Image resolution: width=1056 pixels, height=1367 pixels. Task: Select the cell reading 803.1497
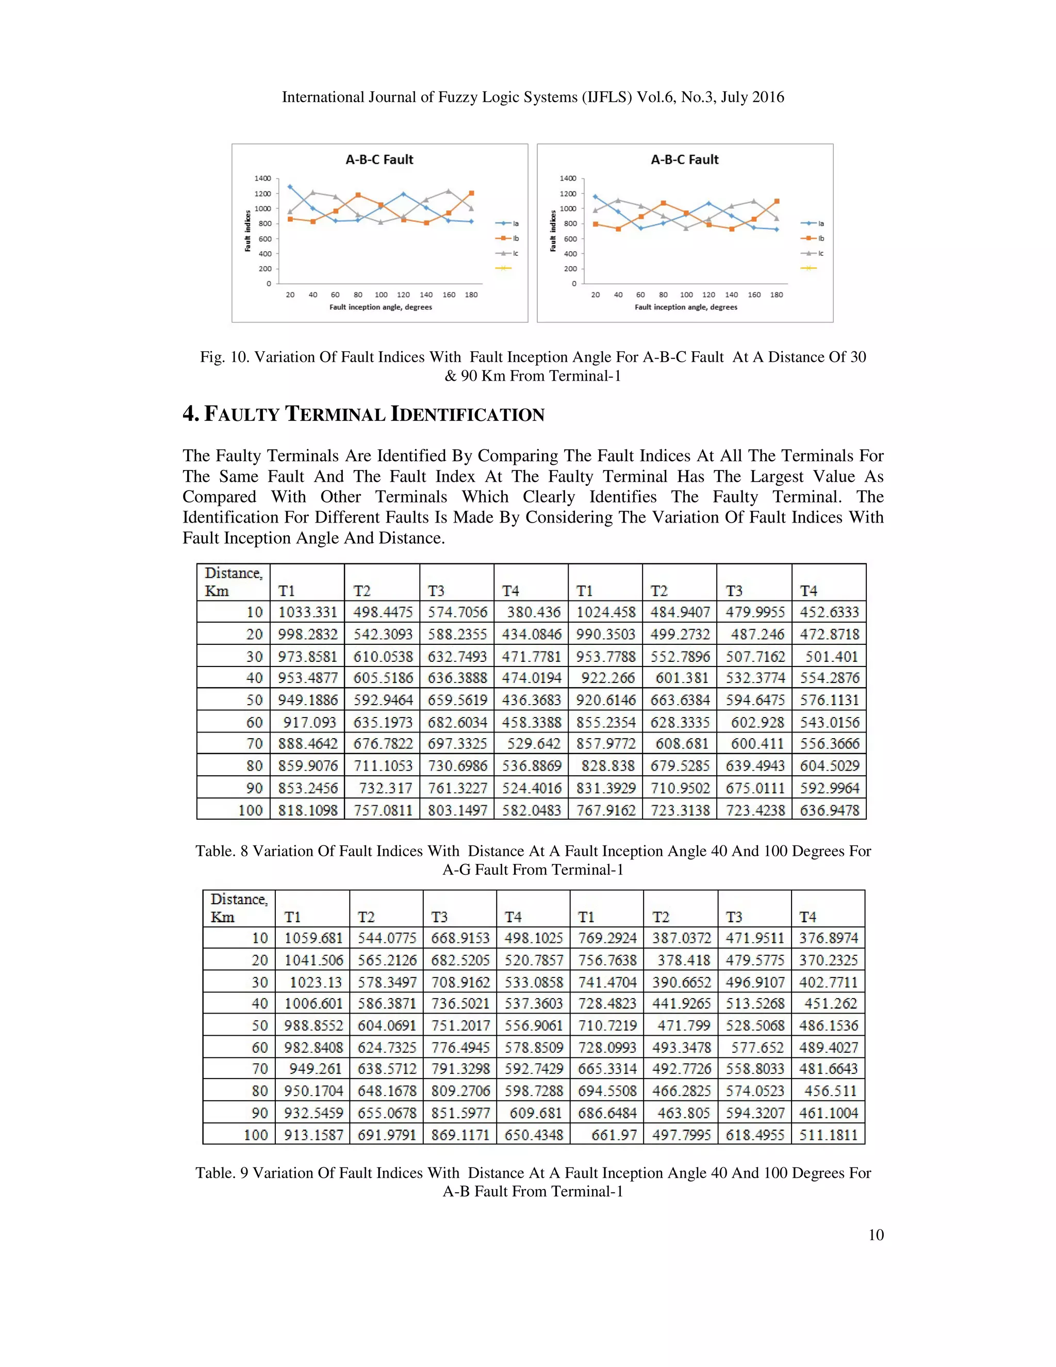pos(457,810)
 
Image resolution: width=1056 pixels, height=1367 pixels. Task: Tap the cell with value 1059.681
pos(313,938)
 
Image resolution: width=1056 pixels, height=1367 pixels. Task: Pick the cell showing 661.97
pos(613,1135)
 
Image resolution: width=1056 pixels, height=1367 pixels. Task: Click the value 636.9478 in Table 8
pos(829,810)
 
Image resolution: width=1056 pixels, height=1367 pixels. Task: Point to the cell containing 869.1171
pos(460,1135)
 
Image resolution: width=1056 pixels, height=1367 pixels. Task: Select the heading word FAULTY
pos(241,414)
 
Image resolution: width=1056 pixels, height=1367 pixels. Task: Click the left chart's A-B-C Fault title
pos(379,159)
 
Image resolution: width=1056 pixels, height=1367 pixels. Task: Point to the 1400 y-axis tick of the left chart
pos(263,178)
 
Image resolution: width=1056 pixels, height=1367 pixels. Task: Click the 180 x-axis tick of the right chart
pos(777,295)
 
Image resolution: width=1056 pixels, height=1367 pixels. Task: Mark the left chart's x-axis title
pos(381,307)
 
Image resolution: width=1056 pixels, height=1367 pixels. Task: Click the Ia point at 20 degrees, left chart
pos(290,187)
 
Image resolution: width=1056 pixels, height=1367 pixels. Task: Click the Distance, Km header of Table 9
pos(238,907)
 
